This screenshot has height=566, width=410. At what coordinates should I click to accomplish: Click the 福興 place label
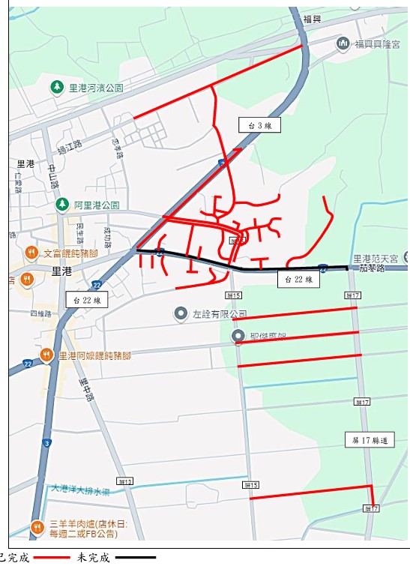coord(312,18)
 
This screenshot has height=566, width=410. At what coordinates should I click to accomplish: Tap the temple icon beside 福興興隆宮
coord(343,43)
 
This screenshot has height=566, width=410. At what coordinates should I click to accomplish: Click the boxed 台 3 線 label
coord(259,125)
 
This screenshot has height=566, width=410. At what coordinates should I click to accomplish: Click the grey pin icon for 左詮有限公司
coord(180,313)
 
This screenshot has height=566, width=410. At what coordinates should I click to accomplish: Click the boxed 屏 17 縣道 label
coord(370,439)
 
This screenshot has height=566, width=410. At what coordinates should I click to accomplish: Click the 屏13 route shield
coord(125,481)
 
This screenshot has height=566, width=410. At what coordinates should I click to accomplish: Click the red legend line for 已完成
coord(51,558)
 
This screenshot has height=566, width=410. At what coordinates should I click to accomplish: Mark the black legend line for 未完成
coord(136,558)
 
